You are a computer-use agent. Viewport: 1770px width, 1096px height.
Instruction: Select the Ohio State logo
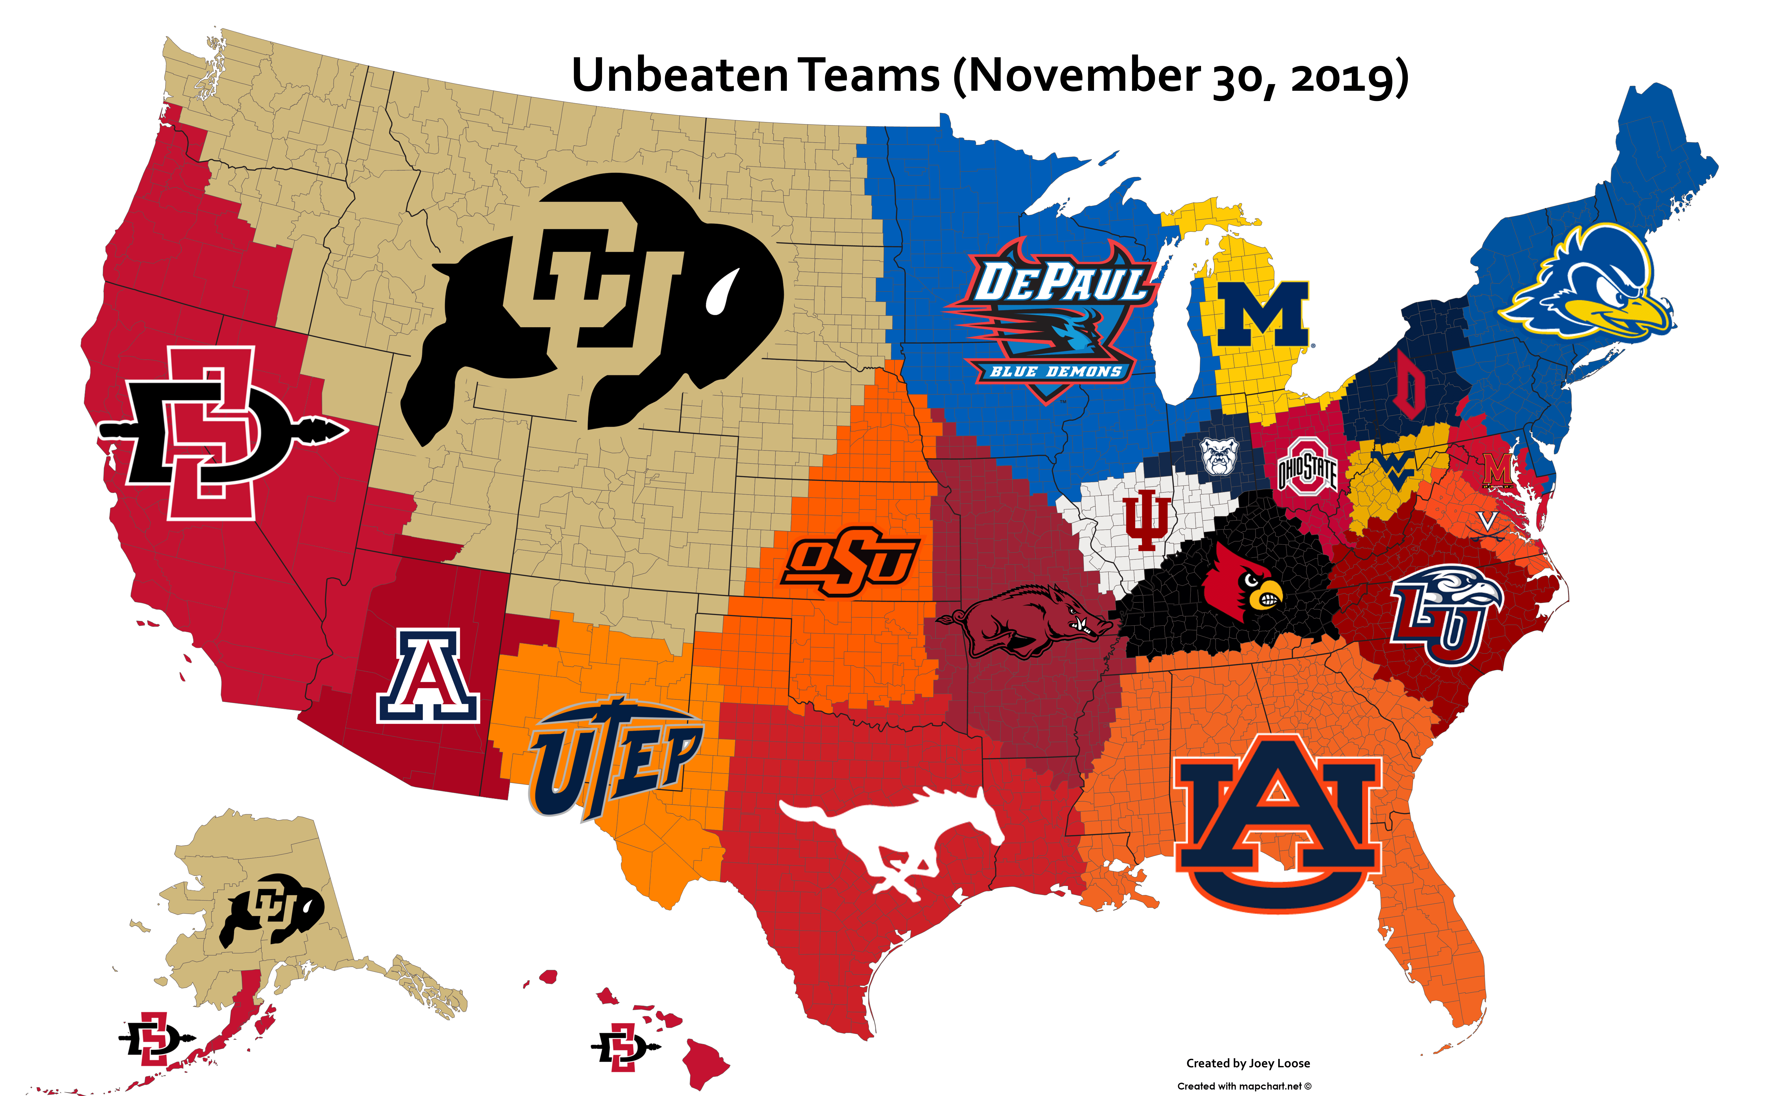1307,468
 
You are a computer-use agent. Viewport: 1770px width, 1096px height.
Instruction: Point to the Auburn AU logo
1278,823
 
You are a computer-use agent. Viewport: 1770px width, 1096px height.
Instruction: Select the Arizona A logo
428,676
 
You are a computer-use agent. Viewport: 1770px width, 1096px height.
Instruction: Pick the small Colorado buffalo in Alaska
272,910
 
